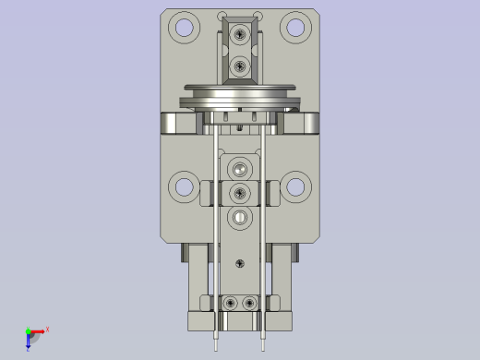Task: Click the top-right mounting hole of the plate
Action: click(294, 27)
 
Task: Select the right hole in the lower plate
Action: click(295, 186)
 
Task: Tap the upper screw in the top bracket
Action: click(240, 35)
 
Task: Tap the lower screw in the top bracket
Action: click(240, 66)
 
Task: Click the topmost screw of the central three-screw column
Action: click(240, 170)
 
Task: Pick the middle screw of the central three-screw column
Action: click(240, 193)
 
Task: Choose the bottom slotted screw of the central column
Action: click(240, 218)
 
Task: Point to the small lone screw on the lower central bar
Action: click(240, 263)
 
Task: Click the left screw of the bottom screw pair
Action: click(230, 303)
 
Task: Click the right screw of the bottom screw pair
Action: click(249, 303)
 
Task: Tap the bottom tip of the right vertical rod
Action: click(264, 348)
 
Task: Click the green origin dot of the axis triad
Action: click(28, 330)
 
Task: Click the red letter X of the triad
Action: click(47, 328)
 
